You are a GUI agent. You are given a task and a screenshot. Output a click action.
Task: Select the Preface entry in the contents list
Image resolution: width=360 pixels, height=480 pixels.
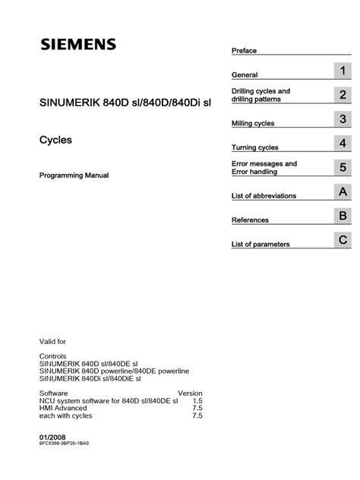pos(244,51)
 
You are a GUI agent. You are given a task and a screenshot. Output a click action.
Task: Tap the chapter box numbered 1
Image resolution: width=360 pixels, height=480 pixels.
pos(343,72)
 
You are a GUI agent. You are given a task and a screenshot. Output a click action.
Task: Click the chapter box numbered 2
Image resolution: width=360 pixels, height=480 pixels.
pos(343,96)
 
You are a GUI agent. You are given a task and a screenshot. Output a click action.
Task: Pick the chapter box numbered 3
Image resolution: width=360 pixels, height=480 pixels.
pos(343,119)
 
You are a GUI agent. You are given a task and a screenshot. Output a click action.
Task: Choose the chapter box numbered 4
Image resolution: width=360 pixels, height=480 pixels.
pos(343,144)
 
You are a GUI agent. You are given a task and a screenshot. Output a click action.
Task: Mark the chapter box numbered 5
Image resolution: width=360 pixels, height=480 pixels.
pos(343,167)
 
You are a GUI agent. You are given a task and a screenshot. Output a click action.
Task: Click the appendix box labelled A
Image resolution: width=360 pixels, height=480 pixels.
pos(343,192)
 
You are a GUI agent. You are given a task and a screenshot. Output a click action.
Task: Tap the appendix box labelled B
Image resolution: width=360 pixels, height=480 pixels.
pos(343,216)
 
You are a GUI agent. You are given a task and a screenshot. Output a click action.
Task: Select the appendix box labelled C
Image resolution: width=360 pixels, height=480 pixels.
pos(343,241)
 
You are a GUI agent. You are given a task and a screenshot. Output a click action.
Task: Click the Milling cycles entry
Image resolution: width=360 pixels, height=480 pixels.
pos(253,123)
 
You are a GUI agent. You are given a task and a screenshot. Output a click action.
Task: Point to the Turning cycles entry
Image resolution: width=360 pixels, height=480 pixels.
pos(254,147)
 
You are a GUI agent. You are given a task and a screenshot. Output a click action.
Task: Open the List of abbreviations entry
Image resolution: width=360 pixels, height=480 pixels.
pos(264,196)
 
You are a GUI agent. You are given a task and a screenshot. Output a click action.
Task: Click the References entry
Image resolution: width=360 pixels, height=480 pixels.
pos(250,220)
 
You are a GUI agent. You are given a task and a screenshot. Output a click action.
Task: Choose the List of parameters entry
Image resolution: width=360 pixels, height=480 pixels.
pos(261,245)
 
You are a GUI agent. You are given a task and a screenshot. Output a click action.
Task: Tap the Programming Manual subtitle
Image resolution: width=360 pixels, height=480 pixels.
pos(74,175)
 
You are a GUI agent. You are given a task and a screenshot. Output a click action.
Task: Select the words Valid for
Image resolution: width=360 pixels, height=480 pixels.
pos(52,342)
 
